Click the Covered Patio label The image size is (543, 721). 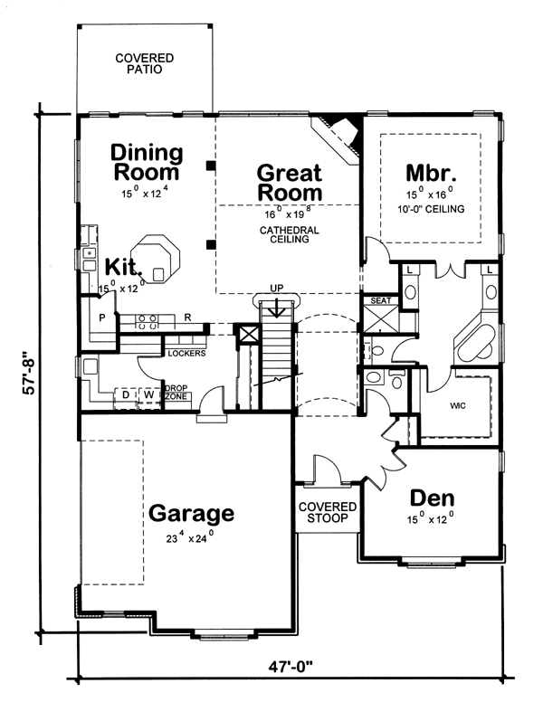(x=144, y=64)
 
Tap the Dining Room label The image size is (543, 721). (x=146, y=162)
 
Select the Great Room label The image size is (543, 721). (x=289, y=182)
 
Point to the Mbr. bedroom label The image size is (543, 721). (x=430, y=173)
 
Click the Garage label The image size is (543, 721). (x=191, y=514)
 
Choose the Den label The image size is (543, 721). (x=432, y=498)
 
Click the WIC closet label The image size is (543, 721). (x=457, y=406)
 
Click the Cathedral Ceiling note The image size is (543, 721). (x=289, y=237)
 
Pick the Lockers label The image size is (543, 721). (x=186, y=353)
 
